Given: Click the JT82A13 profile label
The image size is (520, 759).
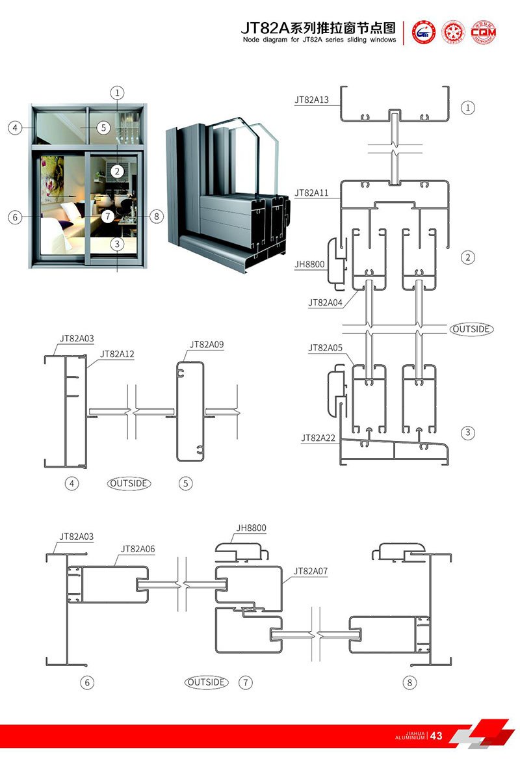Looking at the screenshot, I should [x=312, y=100].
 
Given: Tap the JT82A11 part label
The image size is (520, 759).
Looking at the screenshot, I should [x=312, y=193].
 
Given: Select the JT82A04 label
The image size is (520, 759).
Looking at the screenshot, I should [x=325, y=302].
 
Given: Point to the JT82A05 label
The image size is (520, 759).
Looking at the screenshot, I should [x=325, y=348].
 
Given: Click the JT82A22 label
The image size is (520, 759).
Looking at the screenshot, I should [x=318, y=438].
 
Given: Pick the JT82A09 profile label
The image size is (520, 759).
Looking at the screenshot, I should [x=207, y=344].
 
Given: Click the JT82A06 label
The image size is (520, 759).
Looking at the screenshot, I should [x=138, y=549].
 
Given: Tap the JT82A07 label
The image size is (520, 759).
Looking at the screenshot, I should [x=311, y=571].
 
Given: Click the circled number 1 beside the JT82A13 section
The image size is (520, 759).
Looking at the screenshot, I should [x=468, y=107].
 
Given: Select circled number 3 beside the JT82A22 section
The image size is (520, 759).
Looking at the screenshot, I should [x=468, y=433].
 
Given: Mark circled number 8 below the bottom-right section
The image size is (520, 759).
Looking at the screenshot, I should [x=409, y=683].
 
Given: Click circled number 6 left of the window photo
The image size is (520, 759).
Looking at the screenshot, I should [x=16, y=217].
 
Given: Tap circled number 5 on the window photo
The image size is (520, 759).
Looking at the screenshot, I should [x=103, y=127].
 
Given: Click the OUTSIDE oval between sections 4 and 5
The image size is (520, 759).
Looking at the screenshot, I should [x=129, y=483].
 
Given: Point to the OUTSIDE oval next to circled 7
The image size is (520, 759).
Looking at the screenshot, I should [x=207, y=682].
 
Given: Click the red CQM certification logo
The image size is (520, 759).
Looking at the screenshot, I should [x=484, y=32].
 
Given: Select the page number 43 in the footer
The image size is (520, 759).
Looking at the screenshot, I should [x=436, y=736].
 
